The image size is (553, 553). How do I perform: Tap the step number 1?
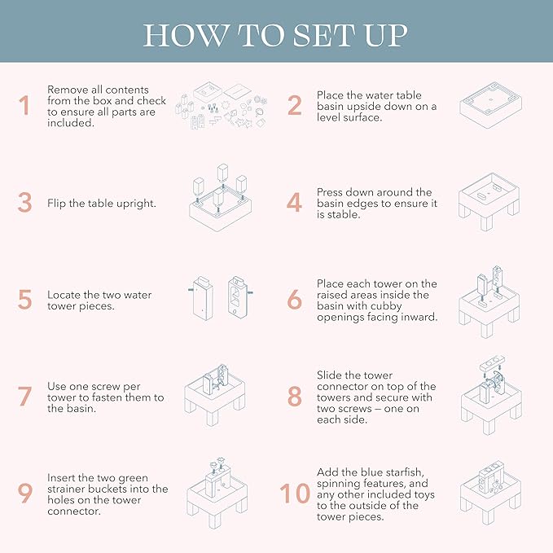[x=24, y=105]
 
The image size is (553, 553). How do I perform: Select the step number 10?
[x=295, y=493]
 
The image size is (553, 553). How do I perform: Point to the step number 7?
[x=25, y=397]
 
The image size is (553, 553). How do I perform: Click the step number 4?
[x=294, y=203]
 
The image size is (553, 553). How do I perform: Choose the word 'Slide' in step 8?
[x=332, y=375]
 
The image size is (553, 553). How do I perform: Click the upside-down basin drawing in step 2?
[x=490, y=104]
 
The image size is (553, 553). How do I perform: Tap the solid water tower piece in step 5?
[x=203, y=298]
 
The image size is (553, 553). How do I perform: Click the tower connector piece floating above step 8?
[x=493, y=363]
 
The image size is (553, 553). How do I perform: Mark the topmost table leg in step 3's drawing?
[x=223, y=173]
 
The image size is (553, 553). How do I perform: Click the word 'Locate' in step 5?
[x=64, y=295]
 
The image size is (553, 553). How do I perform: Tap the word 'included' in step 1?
[x=71, y=123]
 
